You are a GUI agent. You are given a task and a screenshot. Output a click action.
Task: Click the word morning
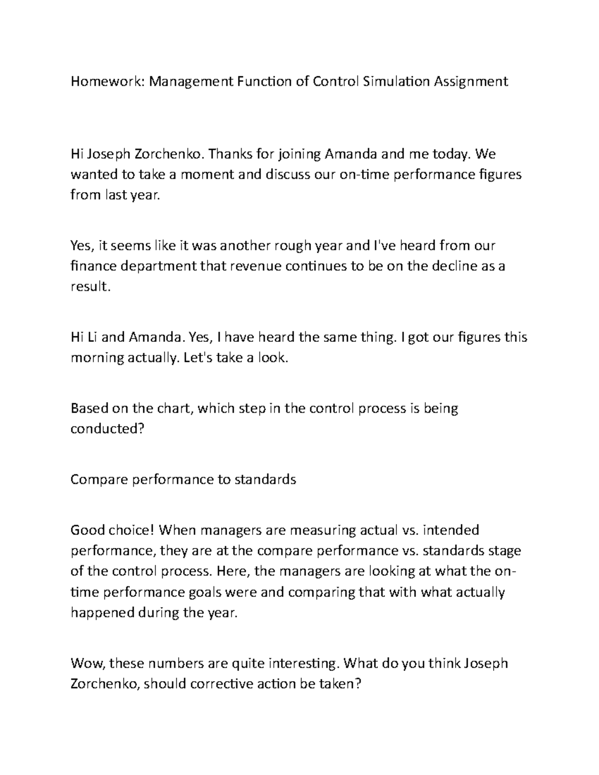[96, 358]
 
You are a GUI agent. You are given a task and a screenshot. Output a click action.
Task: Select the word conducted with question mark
[107, 429]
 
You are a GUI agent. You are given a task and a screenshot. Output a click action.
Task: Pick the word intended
[451, 529]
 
